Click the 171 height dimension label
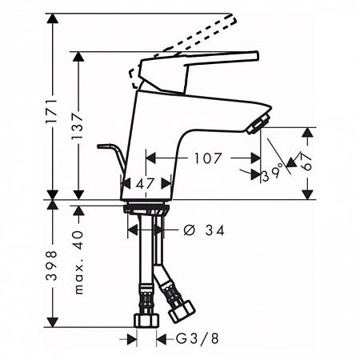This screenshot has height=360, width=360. coord(52,111)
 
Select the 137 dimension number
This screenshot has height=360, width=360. coord(78,126)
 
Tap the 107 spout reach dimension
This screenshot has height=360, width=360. coord(208,158)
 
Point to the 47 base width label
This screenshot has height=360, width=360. coord(146,183)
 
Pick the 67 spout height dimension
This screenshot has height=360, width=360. coord(307,162)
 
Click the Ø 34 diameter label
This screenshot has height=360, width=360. coord(205,230)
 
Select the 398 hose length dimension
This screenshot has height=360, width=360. coord(52,266)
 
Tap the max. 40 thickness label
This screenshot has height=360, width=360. coord(78,262)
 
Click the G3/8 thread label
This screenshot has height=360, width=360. coord(198,338)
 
